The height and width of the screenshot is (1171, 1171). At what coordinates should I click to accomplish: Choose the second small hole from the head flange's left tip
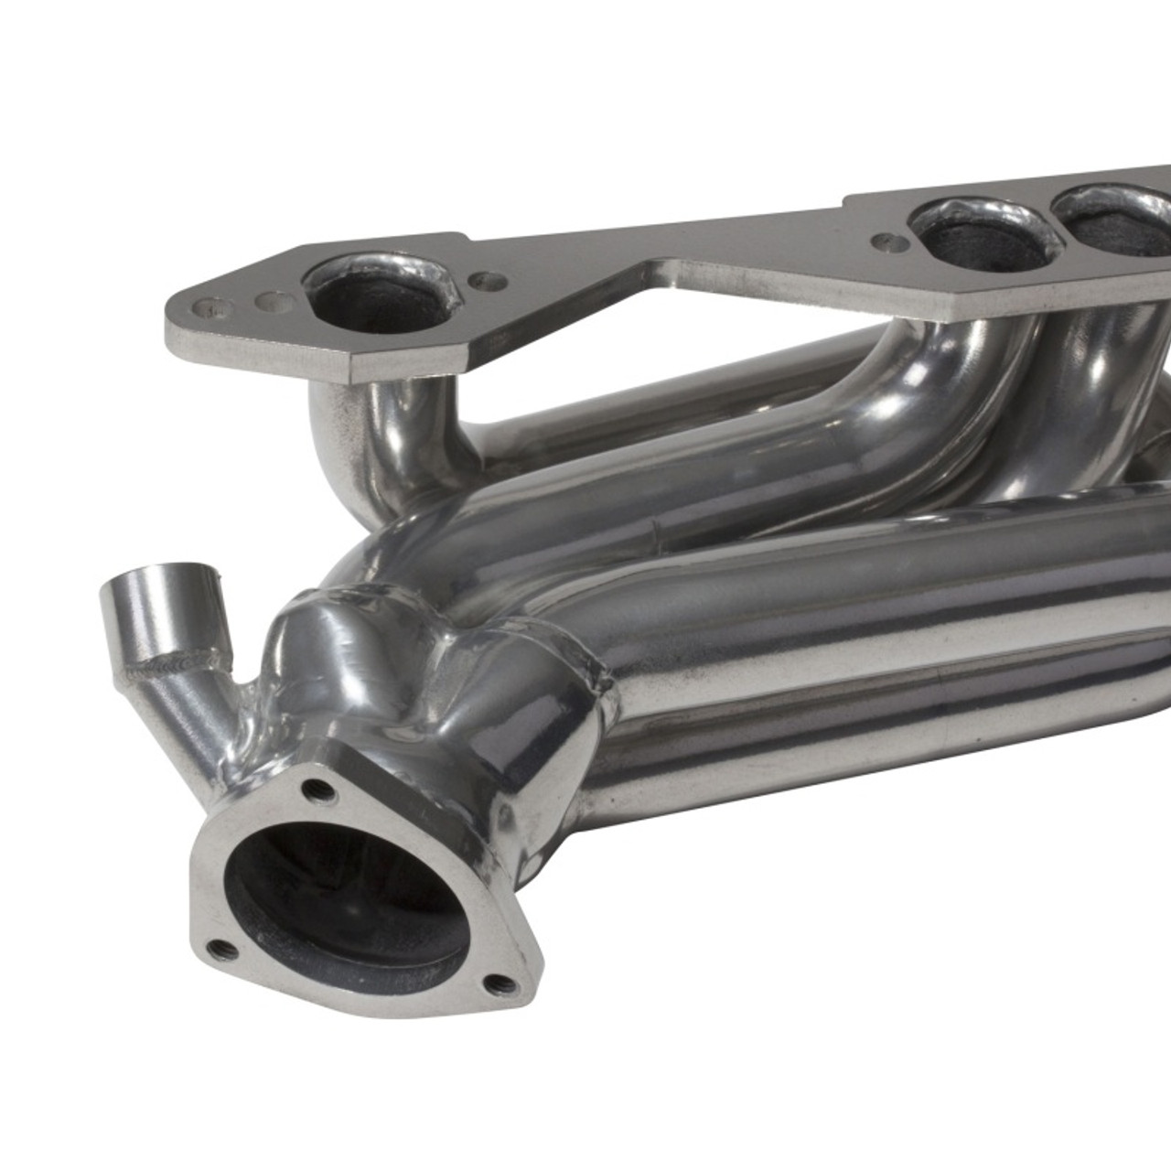pyautogui.click(x=268, y=299)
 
